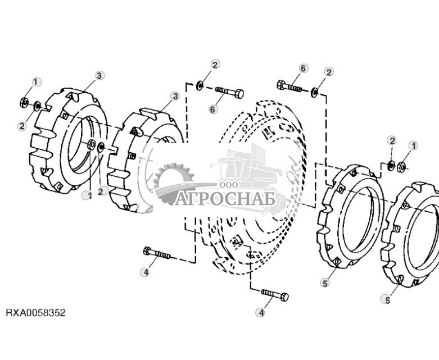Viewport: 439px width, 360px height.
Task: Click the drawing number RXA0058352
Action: click(x=36, y=312)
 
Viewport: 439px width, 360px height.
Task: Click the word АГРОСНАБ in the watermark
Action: click(x=225, y=199)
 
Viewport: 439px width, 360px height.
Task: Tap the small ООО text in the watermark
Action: click(x=229, y=185)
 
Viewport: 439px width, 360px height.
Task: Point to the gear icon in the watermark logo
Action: click(x=174, y=182)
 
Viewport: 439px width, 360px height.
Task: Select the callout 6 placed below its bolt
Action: click(x=213, y=110)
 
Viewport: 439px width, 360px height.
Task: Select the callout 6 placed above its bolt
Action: click(x=304, y=69)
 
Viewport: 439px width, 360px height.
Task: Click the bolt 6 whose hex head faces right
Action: click(x=229, y=92)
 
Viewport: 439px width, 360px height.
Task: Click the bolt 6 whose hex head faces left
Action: click(x=289, y=86)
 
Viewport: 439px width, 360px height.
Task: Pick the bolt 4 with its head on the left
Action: click(x=156, y=253)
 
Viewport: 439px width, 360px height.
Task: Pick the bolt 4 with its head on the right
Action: click(x=275, y=294)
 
